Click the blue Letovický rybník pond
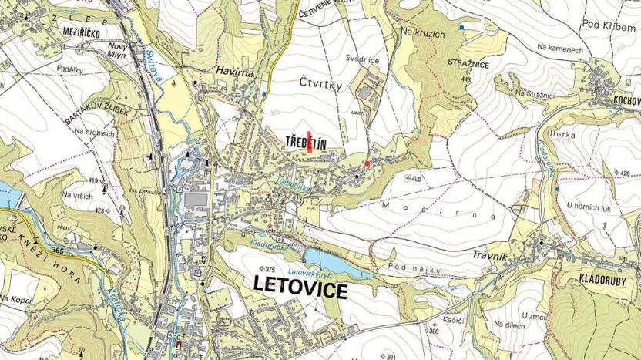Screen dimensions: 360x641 [x=331, y=261]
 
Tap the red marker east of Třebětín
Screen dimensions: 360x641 [x=367, y=163]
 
